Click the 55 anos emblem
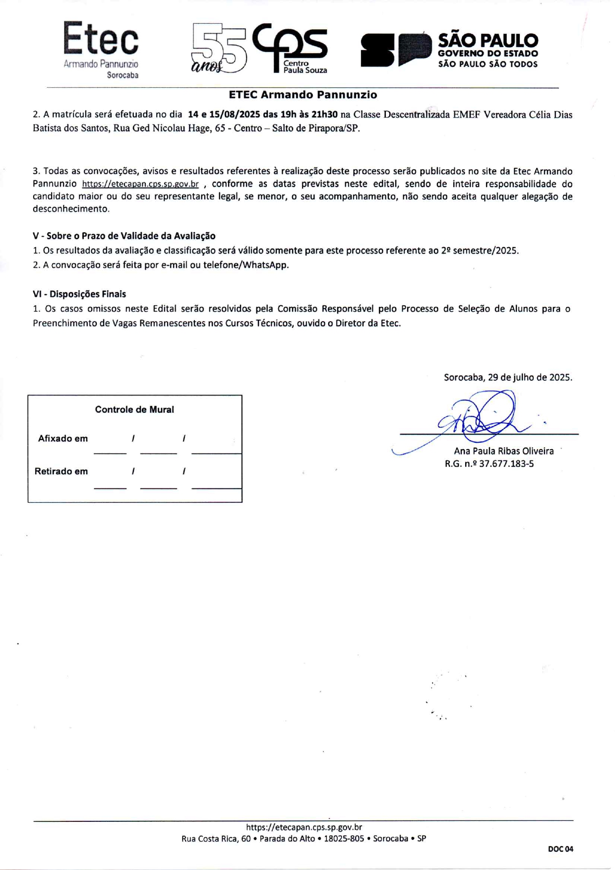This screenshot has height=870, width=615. [x=219, y=49]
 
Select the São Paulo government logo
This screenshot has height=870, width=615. [x=449, y=50]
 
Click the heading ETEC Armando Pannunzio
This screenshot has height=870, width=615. [x=303, y=95]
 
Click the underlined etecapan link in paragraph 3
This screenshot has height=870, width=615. [x=140, y=184]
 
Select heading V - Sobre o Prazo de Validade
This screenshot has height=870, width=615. [x=124, y=236]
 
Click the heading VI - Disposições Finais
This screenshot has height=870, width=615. [x=79, y=294]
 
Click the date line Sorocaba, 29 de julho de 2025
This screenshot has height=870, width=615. [x=507, y=378]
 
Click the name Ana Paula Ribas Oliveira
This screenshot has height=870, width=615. [x=503, y=451]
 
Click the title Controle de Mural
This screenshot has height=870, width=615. [x=134, y=410]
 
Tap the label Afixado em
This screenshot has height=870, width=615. [x=63, y=439]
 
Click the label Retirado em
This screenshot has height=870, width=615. [x=61, y=471]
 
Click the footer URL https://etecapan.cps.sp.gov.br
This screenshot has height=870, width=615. [x=304, y=827]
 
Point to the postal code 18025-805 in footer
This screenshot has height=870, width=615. [x=344, y=839]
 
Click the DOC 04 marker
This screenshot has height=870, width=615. [x=560, y=849]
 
